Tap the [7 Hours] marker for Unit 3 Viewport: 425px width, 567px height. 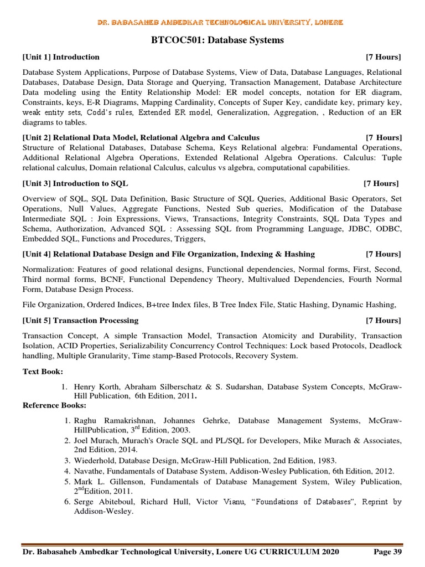(x=381, y=183)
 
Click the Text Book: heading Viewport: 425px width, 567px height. (x=43, y=371)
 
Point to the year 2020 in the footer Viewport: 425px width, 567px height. (x=329, y=552)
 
